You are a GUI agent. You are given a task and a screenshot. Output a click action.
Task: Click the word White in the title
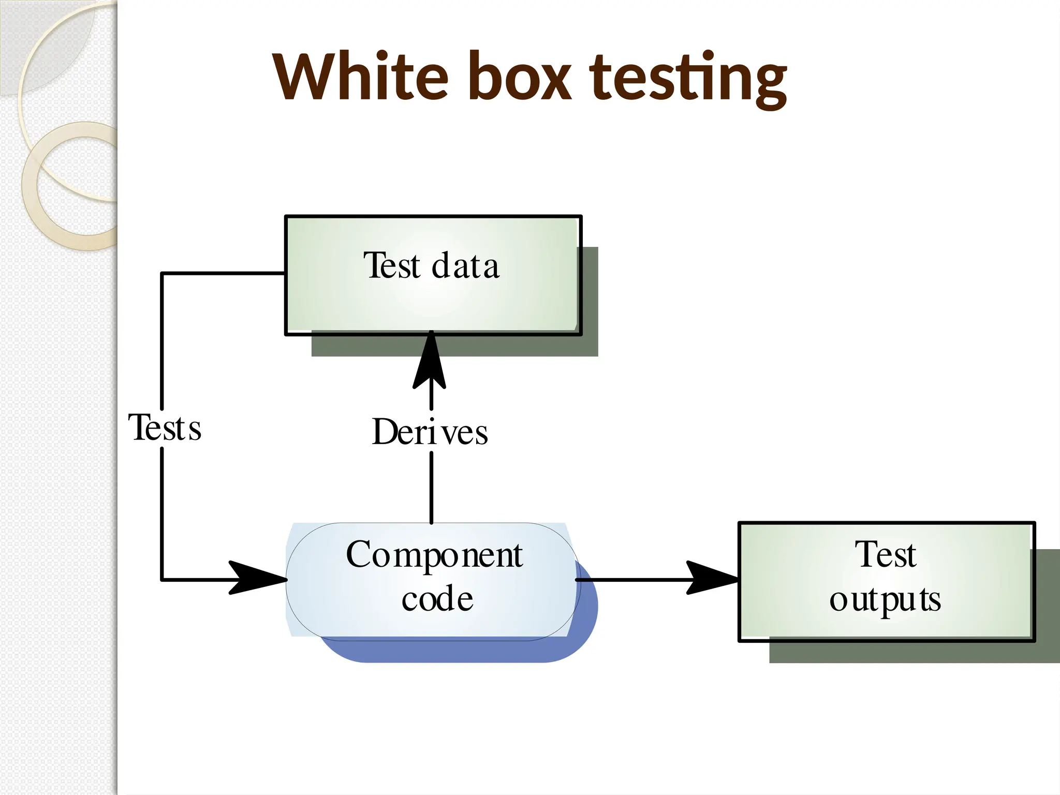(360, 77)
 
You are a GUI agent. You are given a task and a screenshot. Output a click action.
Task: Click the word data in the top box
(465, 266)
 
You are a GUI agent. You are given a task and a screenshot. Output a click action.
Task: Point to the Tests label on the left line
(165, 428)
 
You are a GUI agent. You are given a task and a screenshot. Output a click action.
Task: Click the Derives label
(430, 432)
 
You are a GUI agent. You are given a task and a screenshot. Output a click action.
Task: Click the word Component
(434, 555)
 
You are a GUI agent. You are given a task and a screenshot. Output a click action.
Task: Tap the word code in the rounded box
(437, 599)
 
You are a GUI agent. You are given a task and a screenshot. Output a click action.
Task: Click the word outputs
(885, 600)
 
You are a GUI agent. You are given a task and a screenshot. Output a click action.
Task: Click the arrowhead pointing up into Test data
(430, 362)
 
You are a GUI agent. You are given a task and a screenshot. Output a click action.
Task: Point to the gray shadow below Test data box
(455, 345)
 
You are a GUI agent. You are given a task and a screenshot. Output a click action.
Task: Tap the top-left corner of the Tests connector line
(162, 273)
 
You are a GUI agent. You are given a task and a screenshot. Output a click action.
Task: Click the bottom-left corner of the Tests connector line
(162, 580)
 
